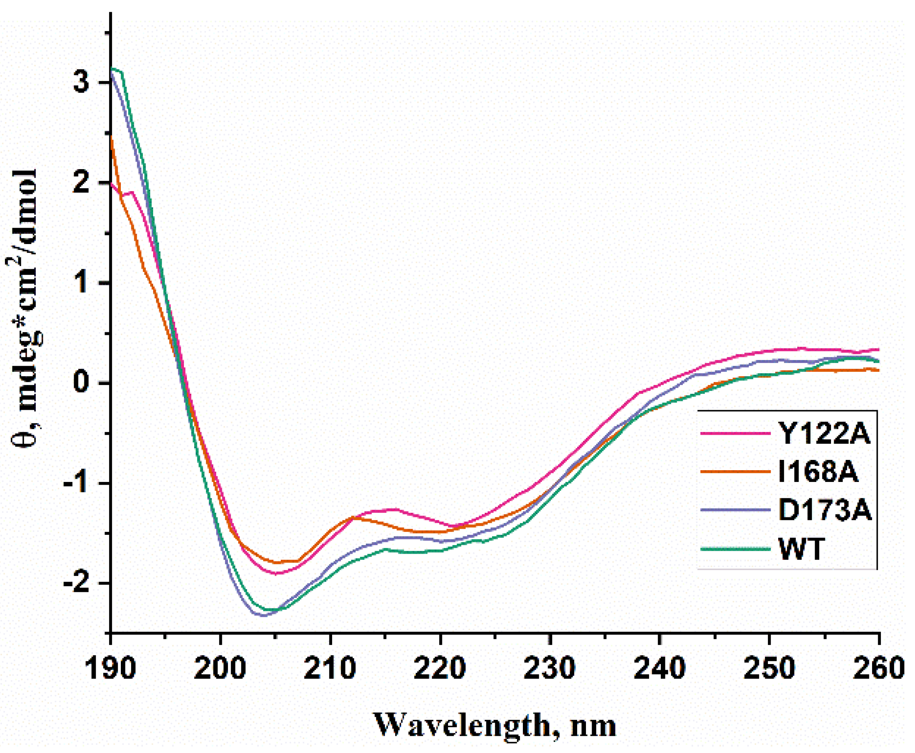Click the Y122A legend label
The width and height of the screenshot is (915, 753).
point(823,433)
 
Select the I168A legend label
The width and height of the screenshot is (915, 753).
point(817,472)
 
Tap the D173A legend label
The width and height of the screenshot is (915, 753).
point(824,510)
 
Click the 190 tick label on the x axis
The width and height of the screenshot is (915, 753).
point(111,668)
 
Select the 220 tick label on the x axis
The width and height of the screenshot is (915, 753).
point(440,668)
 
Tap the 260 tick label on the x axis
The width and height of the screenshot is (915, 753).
point(878,668)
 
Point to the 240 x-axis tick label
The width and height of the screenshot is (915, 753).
point(659,668)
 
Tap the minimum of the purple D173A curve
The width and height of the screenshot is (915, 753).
point(264,615)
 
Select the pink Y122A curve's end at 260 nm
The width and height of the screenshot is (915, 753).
point(878,350)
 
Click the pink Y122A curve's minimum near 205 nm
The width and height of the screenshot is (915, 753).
point(276,574)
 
